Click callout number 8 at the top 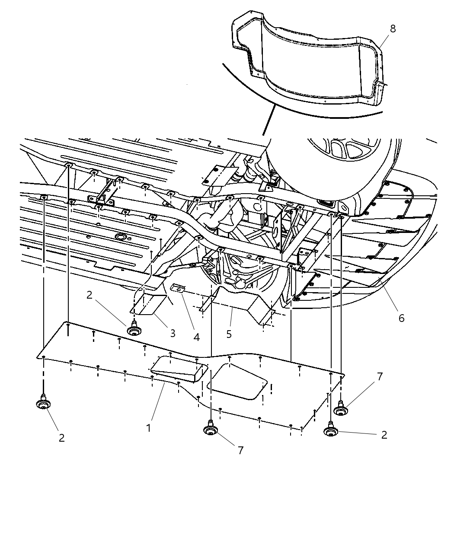pos(393,29)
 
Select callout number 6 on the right pos(401,318)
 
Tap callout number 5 pos(229,334)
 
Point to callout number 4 pos(197,337)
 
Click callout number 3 pos(173,333)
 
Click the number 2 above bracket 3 pos(90,295)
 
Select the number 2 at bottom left pos(61,437)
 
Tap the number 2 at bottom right pos(384,434)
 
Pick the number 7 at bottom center pos(240,450)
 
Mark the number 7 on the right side pos(380,376)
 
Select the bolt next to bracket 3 pos(134,329)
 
